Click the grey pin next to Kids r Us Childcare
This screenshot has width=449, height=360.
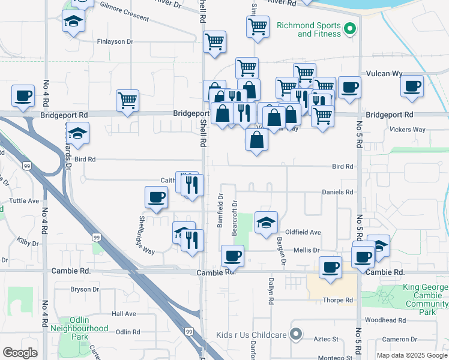pyautogui.click(x=295, y=334)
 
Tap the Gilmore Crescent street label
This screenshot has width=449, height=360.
pyautogui.click(x=125, y=11)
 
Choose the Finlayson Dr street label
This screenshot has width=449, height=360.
pyautogui.click(x=115, y=42)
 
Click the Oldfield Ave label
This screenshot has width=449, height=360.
pyautogui.click(x=303, y=232)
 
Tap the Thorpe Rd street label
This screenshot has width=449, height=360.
pyautogui.click(x=338, y=300)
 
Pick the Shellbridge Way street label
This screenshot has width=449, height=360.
pyautogui.click(x=146, y=235)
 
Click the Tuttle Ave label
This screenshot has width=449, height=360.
pyautogui.click(x=24, y=201)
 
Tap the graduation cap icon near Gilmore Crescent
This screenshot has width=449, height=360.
pyautogui.click(x=73, y=22)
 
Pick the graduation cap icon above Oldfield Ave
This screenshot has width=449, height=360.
pyautogui.click(x=266, y=223)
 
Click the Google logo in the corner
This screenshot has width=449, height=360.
pyautogui.click(x=20, y=353)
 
